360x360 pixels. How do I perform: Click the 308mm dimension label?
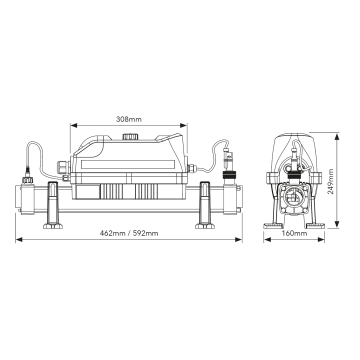(x=129, y=119)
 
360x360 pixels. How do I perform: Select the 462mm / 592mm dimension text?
(x=129, y=233)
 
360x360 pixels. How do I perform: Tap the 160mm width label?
(x=294, y=233)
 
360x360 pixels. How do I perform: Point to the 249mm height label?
(x=330, y=182)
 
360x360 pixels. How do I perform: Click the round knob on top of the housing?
(x=130, y=136)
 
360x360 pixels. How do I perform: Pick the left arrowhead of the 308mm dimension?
(x=73, y=126)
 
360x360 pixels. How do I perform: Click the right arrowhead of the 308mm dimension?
(x=184, y=126)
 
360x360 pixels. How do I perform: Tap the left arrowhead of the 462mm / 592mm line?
(x=19, y=239)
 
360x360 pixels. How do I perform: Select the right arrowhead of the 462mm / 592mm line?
(x=238, y=239)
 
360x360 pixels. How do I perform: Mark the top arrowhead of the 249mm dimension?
(x=337, y=136)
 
